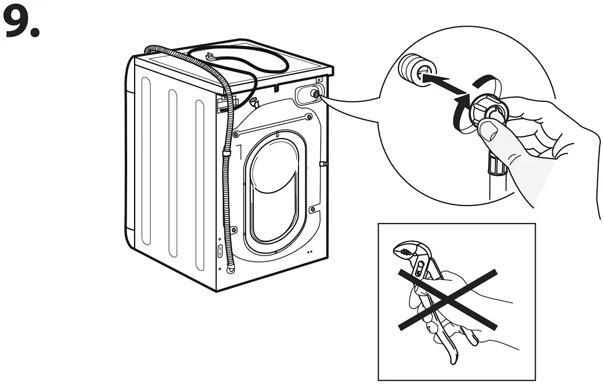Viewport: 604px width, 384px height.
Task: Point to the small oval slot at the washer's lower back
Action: coord(219,250)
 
